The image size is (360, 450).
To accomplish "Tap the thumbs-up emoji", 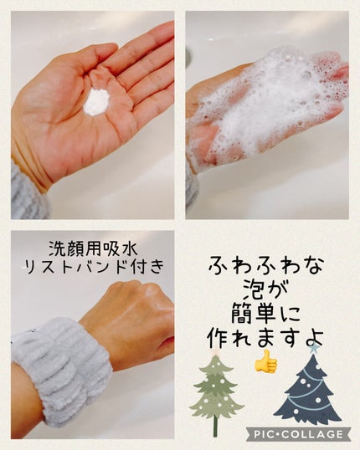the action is pyautogui.click(x=266, y=361).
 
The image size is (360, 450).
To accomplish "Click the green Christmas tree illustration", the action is pyautogui.click(x=216, y=395).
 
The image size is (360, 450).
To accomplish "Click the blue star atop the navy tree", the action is pyautogui.click(x=313, y=350).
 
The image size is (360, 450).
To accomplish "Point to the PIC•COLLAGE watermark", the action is pyautogui.click(x=298, y=433).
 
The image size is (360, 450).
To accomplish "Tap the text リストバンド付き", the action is pyautogui.click(x=95, y=267).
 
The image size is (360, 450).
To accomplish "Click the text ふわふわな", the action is pyautogui.click(x=266, y=265).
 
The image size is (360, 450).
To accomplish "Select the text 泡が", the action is pyautogui.click(x=265, y=290).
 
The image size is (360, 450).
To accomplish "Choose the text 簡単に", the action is pyautogui.click(x=265, y=314).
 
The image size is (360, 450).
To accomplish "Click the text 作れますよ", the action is pyautogui.click(x=265, y=338).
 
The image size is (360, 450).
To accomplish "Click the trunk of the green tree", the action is pyautogui.click(x=215, y=425).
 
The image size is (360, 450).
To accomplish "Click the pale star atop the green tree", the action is pyautogui.click(x=216, y=352).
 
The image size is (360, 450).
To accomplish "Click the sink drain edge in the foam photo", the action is pyautogui.click(x=188, y=54).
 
